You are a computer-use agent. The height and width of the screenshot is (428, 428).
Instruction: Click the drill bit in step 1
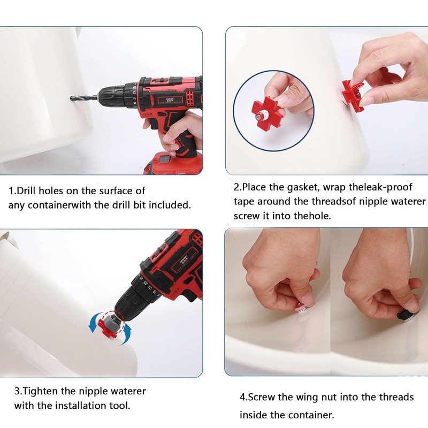(84, 98)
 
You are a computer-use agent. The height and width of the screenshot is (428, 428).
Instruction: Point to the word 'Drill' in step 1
(26, 190)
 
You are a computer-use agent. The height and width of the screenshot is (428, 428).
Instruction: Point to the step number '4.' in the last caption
(244, 397)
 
